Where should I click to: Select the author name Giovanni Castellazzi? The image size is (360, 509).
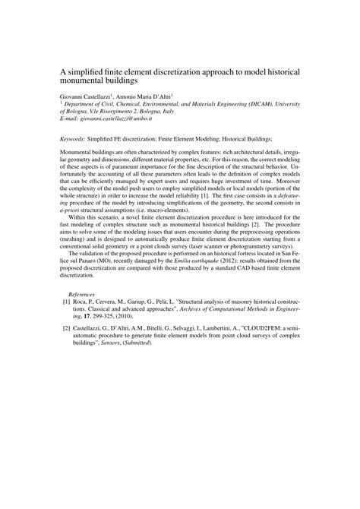pos(86,98)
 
